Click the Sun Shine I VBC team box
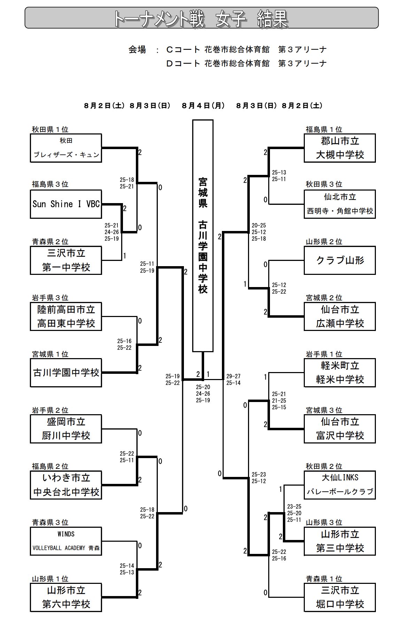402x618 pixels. click(66, 204)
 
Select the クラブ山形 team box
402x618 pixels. click(340, 260)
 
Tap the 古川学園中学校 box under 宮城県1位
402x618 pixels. click(66, 373)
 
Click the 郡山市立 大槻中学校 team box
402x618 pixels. click(340, 148)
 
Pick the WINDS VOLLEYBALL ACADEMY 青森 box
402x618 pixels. click(66, 541)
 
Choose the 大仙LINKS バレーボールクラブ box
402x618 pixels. click(340, 485)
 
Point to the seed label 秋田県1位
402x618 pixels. click(50, 130)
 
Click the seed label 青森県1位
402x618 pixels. click(324, 579)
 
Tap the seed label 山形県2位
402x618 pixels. click(324, 242)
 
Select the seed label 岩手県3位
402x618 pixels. click(50, 298)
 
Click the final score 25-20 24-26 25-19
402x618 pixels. click(203, 394)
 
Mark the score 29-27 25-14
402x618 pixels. click(233, 379)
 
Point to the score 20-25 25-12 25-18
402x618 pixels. click(258, 232)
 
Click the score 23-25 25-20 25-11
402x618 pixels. click(294, 513)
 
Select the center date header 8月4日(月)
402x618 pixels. click(203, 106)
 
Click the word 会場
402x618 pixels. click(137, 50)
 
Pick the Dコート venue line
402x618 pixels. click(246, 63)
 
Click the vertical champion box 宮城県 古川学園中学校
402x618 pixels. click(203, 236)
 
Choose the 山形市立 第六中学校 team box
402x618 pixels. click(66, 597)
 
